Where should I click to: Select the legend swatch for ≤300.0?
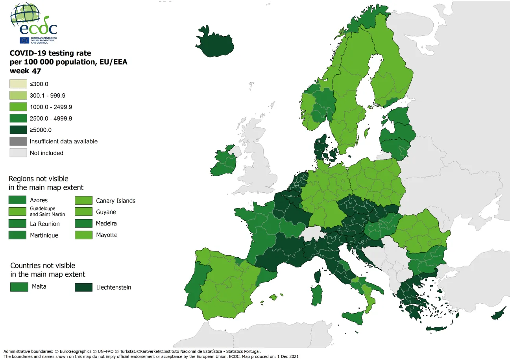point(18,84)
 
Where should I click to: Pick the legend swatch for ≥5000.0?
point(18,130)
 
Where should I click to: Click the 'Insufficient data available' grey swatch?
point(18,141)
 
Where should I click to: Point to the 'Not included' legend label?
point(46,153)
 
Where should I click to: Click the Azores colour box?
point(17,200)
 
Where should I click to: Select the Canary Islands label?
point(115,201)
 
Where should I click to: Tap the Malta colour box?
point(19,287)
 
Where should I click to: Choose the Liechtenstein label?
point(113,287)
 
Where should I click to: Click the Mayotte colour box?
point(83,235)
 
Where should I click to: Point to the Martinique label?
point(44,235)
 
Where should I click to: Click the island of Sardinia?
point(316,295)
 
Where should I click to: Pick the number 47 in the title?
point(36,71)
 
